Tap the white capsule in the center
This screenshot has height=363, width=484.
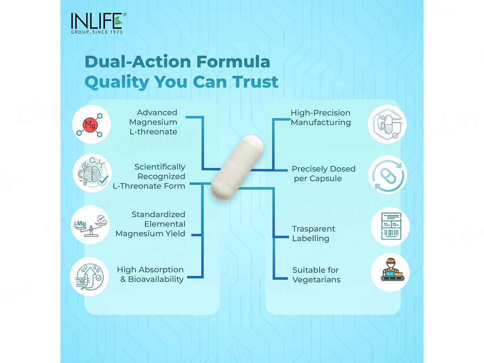click(237, 167)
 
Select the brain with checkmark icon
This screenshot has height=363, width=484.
click(92, 173)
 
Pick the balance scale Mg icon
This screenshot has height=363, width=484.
click(90, 225)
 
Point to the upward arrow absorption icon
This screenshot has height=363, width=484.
click(89, 276)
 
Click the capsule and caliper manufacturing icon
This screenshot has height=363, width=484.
click(387, 124)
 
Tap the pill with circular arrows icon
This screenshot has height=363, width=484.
click(388, 175)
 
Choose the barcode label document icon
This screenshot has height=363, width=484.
click(390, 227)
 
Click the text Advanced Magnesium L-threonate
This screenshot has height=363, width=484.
click(153, 122)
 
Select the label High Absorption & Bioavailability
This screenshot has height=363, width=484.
click(151, 274)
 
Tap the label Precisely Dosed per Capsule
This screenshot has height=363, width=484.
click(323, 173)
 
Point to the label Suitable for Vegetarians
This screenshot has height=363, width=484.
click(317, 275)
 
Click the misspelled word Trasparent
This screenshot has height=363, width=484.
click(314, 229)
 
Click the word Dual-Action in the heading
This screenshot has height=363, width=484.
click(137, 61)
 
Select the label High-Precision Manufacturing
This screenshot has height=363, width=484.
click(321, 118)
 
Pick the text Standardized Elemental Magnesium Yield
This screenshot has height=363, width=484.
click(151, 224)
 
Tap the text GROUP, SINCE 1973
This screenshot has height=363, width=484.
click(97, 32)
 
